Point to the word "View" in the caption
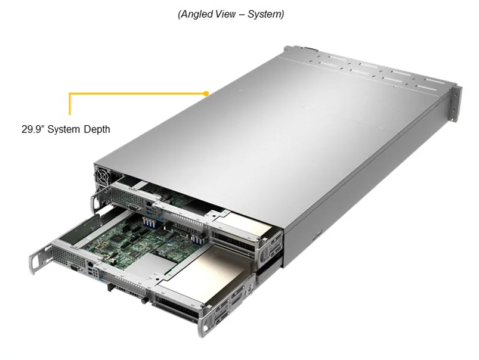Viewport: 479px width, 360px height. [x=226, y=14]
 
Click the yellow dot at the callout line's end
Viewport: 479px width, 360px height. [x=206, y=94]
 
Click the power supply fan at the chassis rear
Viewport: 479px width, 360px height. [x=102, y=175]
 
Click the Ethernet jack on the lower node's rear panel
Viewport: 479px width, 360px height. [x=91, y=264]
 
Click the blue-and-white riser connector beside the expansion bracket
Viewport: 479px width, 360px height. [x=197, y=239]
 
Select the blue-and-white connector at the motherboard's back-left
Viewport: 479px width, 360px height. [x=149, y=222]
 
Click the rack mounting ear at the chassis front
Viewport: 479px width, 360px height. [x=456, y=104]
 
